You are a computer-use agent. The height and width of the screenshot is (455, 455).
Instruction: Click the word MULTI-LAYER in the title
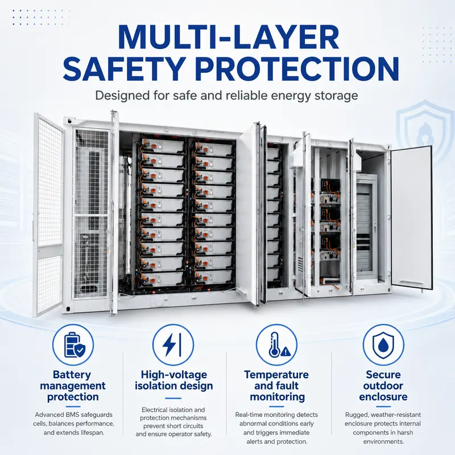point(228,38)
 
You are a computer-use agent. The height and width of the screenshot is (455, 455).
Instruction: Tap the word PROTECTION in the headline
point(299,69)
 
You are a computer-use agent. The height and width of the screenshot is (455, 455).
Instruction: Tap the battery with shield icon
point(73,345)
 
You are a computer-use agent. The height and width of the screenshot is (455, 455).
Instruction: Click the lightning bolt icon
point(173,345)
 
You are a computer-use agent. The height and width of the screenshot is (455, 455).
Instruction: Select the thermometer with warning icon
point(276,345)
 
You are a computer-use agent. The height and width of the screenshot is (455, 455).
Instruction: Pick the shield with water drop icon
point(383,345)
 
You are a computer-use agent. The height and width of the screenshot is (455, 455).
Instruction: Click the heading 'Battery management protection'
point(73,386)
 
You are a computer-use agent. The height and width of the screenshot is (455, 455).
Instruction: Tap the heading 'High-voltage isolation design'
point(173,380)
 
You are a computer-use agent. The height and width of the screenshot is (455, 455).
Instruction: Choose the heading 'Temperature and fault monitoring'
point(276,386)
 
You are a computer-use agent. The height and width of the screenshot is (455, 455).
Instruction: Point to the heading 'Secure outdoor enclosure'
point(383,386)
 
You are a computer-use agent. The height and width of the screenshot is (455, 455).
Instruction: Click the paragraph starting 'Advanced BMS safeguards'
point(73,424)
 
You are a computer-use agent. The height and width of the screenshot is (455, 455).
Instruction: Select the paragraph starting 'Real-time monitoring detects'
point(276,428)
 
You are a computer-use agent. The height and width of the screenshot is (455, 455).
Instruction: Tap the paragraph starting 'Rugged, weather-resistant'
point(383,428)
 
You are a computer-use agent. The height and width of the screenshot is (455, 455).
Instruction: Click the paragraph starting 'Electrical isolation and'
point(173,422)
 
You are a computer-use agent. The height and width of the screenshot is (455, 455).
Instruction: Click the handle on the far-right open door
point(411,282)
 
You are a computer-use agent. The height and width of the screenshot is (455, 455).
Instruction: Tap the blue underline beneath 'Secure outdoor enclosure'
point(383,407)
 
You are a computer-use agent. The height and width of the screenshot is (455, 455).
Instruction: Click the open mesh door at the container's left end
point(48,215)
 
